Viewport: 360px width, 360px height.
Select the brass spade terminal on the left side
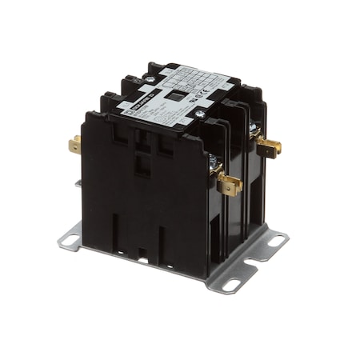(74, 145)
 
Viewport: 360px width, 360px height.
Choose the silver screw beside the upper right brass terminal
(254, 128)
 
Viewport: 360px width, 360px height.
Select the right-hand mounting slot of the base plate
(278, 239)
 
